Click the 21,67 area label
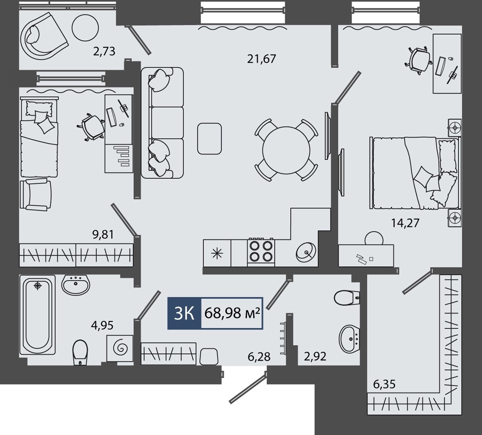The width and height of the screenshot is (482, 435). coord(262,59)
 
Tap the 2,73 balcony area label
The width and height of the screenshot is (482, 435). coord(104,51)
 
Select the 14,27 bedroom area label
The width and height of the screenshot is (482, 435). coord(405,223)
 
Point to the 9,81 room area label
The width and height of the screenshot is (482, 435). coord(103,234)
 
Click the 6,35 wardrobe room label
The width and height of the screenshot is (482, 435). coord(384,384)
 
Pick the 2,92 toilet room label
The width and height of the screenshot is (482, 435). coord(315,356)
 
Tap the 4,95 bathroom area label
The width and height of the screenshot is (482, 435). coord(102,325)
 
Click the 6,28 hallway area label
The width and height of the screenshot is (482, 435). coord(259,356)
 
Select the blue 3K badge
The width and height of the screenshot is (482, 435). coord(184,313)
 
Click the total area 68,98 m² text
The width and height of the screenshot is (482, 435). coord(232,313)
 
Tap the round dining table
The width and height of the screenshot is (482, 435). coord(286,150)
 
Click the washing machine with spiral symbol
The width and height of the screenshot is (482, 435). coord(120,348)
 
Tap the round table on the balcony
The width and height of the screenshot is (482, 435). coord(85,28)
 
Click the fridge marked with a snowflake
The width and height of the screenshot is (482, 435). coord(217,253)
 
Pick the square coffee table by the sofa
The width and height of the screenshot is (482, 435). coord(209,139)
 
